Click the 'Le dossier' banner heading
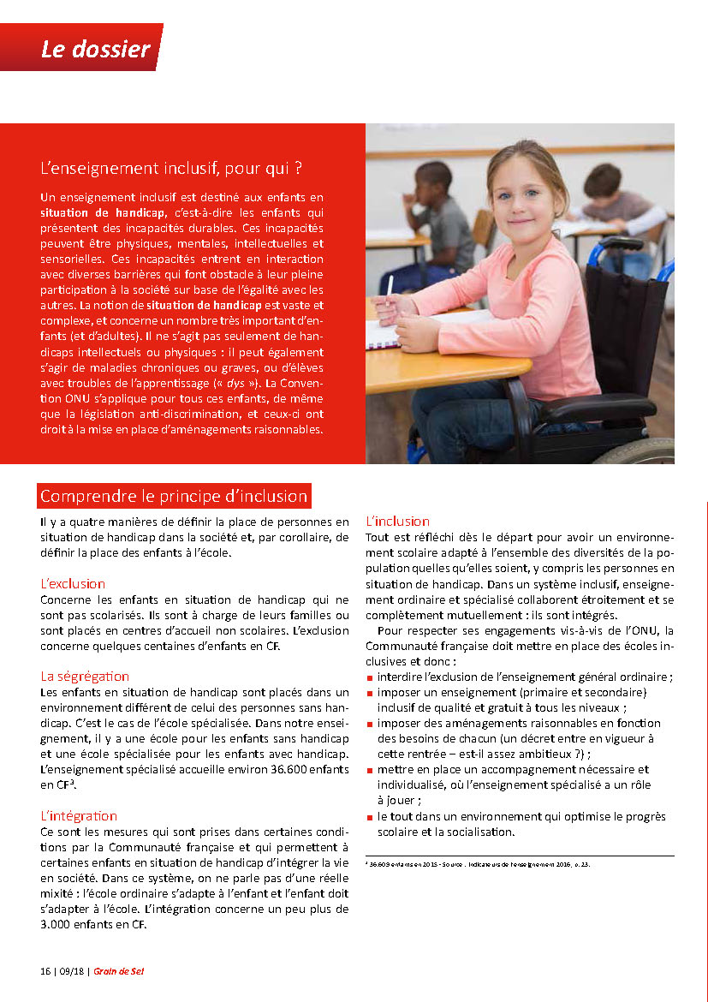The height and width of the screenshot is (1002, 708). point(95,49)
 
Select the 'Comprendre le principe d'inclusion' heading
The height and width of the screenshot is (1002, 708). point(173,496)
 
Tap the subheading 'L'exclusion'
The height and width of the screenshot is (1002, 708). point(73,583)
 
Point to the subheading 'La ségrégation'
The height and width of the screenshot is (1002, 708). point(85,676)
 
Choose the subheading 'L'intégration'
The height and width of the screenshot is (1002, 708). point(79,815)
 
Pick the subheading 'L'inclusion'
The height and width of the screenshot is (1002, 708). point(397,521)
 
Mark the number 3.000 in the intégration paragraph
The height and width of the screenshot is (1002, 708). point(62,922)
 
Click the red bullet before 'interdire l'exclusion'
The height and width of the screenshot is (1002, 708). point(369,677)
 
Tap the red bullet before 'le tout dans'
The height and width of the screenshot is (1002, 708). point(369,817)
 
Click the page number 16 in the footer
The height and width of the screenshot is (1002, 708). point(45,971)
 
